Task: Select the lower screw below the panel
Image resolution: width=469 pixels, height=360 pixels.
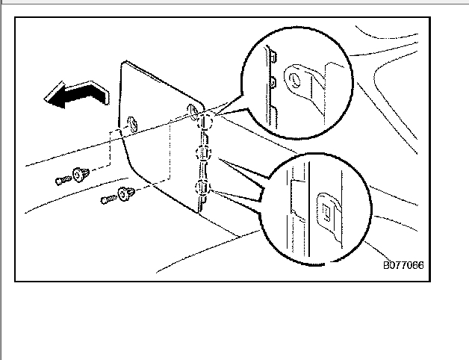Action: pyautogui.click(x=108, y=199)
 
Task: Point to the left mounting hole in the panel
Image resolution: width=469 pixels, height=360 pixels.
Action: pyautogui.click(x=131, y=123)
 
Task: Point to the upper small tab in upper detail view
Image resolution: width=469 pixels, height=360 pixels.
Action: pyautogui.click(x=273, y=56)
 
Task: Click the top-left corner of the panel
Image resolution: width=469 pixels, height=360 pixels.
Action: pyautogui.click(x=123, y=64)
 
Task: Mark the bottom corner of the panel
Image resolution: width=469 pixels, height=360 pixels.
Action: pyautogui.click(x=199, y=212)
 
